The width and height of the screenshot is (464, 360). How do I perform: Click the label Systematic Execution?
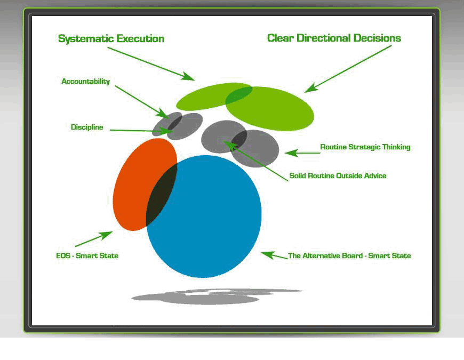tap(111, 39)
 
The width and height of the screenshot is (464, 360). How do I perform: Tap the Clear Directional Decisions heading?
tap(334, 38)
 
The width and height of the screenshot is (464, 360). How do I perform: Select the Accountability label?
tap(85, 82)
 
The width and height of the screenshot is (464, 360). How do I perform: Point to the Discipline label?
tap(87, 127)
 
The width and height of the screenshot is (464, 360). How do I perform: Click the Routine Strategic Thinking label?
tap(365, 147)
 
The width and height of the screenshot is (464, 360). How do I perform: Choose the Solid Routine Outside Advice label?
tap(338, 175)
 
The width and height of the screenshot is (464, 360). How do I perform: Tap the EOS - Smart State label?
tap(87, 256)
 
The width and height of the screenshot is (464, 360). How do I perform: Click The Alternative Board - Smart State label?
tap(349, 256)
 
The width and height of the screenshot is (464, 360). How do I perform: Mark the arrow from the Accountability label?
tap(141, 101)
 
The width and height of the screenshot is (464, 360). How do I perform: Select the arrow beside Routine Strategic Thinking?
tap(301, 153)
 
